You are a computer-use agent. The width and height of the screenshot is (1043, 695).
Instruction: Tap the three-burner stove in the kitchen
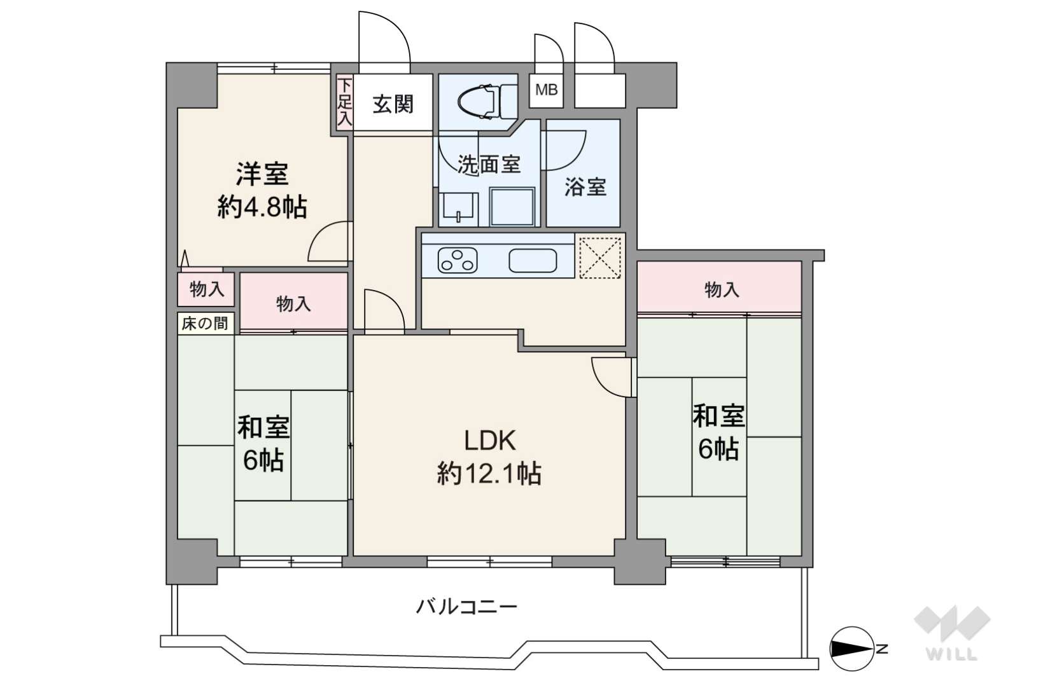[x=458, y=261]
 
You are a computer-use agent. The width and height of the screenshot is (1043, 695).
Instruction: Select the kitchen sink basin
[x=533, y=261]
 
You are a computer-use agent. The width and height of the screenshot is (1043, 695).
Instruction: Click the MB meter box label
[x=546, y=89]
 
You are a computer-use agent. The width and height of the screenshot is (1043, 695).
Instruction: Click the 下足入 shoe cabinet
[x=344, y=102]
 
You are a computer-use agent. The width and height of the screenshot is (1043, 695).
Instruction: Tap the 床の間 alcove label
[x=205, y=323]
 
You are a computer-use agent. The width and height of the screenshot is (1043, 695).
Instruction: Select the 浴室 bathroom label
[x=585, y=186]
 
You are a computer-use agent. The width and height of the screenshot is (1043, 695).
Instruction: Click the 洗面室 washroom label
[x=489, y=164]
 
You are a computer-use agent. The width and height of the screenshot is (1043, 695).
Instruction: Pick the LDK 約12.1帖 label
[x=489, y=458]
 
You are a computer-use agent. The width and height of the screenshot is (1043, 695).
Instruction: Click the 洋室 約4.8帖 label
[x=262, y=190]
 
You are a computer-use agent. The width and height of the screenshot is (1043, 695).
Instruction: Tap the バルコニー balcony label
[x=466, y=607]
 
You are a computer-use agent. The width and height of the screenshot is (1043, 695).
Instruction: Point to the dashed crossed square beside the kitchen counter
[x=599, y=258]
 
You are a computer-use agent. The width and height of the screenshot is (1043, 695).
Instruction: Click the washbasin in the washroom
[x=459, y=209]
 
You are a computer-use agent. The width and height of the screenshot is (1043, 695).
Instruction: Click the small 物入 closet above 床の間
[x=206, y=289]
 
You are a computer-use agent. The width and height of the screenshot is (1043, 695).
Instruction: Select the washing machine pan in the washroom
[x=512, y=207]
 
